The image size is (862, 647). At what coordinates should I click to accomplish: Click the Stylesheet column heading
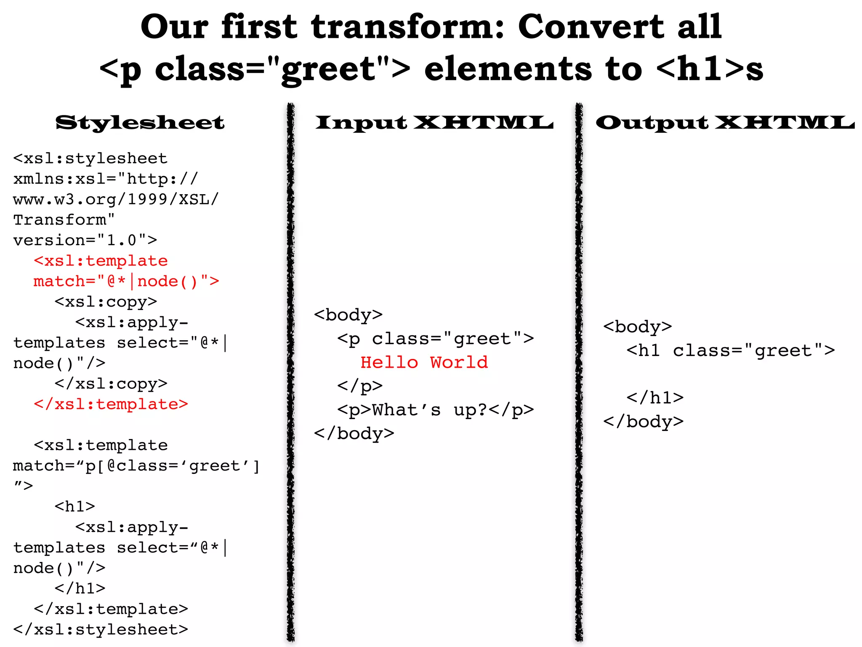[x=140, y=123]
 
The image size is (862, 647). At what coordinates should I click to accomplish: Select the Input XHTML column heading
[x=434, y=123]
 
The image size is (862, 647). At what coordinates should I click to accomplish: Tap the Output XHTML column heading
[x=725, y=123]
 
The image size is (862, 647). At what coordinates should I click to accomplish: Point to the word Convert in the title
[x=591, y=27]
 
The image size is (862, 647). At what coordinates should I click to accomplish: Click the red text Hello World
[x=424, y=362]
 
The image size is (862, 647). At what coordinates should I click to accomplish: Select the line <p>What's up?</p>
[x=435, y=410]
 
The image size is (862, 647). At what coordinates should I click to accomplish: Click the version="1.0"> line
[x=85, y=240]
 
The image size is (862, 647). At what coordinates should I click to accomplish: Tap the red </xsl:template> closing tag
[x=111, y=404]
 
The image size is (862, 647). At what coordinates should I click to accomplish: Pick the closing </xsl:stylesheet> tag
[x=101, y=629]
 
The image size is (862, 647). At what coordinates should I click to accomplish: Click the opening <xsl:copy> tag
[x=106, y=302]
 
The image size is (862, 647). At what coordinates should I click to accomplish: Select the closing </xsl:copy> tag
[x=111, y=384]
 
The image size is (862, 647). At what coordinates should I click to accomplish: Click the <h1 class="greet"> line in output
[x=730, y=350]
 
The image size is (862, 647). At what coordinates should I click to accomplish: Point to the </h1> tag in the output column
[x=654, y=398]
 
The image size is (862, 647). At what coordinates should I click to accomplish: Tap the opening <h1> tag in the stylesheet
[x=75, y=506]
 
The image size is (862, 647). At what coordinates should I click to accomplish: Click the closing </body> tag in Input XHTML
[x=354, y=433]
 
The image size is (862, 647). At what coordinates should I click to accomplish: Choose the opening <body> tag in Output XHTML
[x=637, y=327]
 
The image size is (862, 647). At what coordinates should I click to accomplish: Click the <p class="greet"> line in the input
[x=435, y=339]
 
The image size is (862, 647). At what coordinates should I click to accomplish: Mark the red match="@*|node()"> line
[x=126, y=281]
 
